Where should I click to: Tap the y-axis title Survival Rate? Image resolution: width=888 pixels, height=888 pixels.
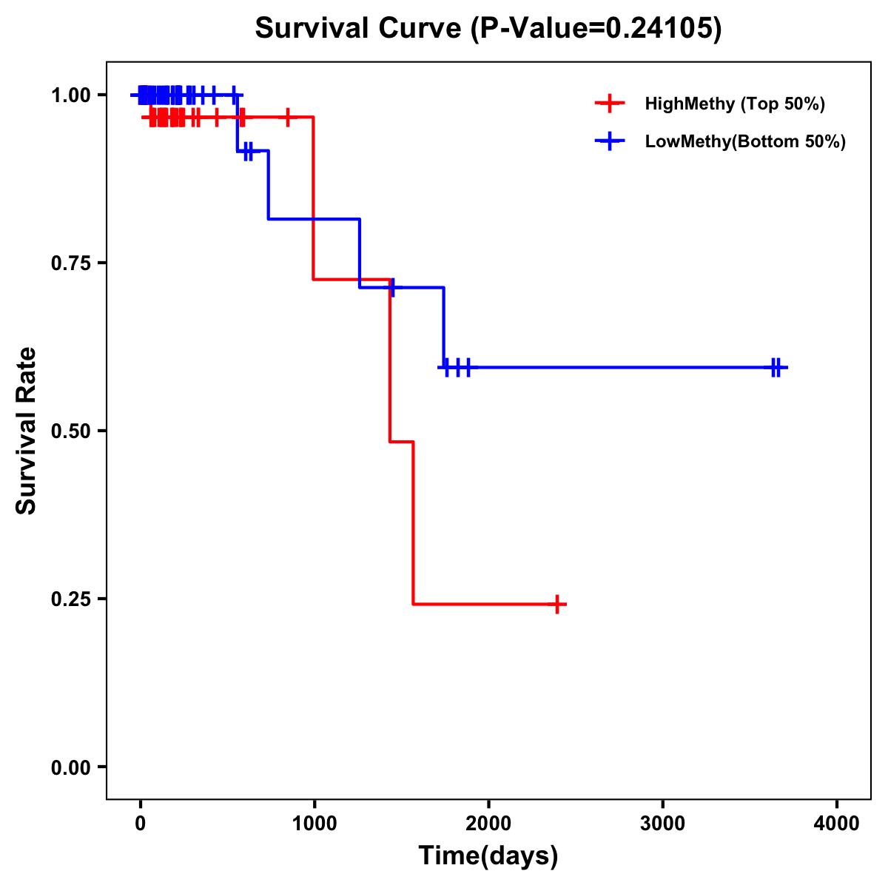point(27,431)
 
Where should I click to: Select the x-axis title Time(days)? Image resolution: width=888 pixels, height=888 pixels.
point(488,855)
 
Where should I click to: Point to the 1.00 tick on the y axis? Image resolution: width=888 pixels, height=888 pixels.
point(71,95)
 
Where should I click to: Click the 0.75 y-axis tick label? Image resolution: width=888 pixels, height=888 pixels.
point(71,263)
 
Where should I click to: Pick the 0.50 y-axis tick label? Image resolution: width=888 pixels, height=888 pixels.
point(71,431)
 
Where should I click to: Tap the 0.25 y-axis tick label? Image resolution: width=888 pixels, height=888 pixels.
point(71,599)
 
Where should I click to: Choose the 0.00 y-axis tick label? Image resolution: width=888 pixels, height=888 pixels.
point(71,767)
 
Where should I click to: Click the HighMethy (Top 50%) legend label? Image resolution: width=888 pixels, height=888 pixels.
point(735,104)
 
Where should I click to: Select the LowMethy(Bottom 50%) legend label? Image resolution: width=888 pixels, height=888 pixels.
point(745,141)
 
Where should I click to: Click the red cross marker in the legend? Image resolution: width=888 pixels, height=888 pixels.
point(609,104)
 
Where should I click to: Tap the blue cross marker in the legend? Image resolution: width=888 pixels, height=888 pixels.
point(609,141)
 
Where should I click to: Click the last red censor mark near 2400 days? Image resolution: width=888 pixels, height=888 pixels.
point(557,604)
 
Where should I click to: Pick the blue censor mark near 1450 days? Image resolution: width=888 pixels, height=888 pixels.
point(391,287)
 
